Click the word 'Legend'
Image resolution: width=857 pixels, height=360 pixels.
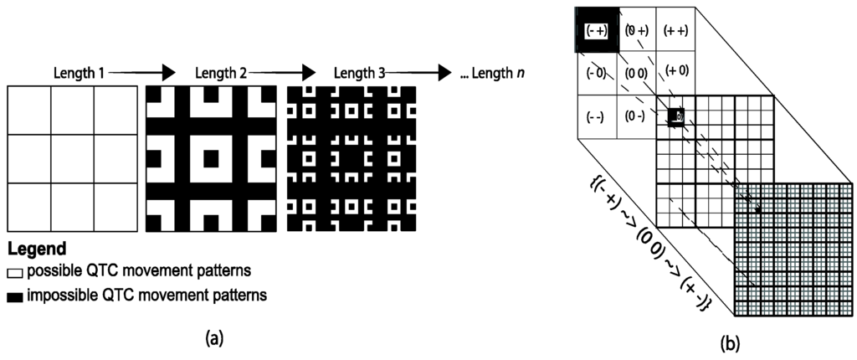[37, 249]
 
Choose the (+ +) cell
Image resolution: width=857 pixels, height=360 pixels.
[675, 30]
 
